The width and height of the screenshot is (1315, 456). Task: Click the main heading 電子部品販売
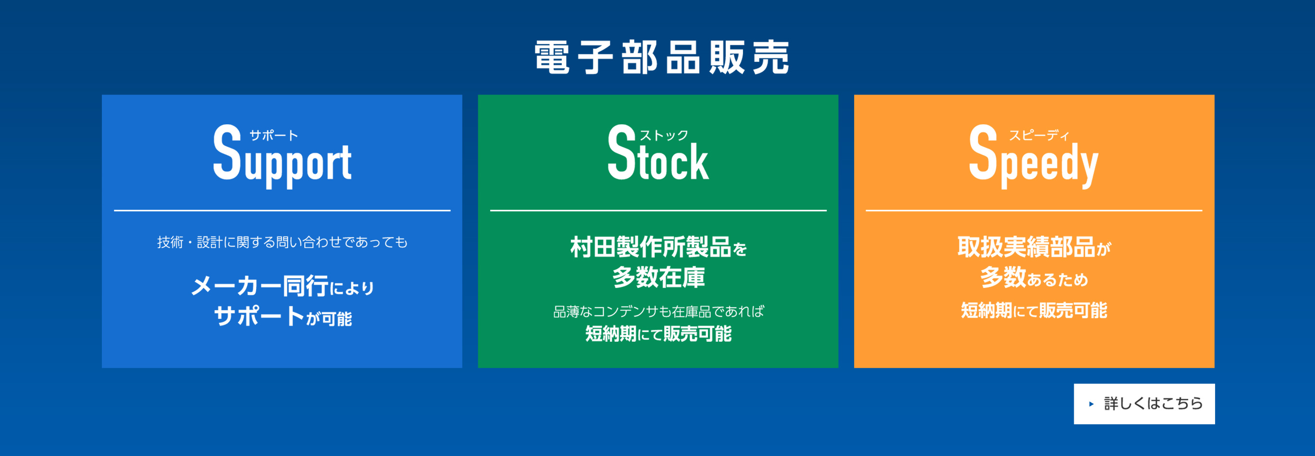(x=661, y=57)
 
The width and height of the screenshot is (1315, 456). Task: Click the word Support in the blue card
(x=282, y=156)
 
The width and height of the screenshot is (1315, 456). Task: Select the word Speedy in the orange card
(x=1034, y=156)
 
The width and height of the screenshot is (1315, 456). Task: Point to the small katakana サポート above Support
(x=273, y=135)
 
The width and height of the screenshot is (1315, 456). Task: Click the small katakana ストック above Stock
(x=664, y=135)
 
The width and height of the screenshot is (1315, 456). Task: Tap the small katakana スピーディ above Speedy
(x=1039, y=135)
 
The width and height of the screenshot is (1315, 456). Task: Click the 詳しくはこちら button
(x=1144, y=404)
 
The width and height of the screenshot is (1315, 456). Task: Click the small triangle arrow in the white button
(x=1092, y=404)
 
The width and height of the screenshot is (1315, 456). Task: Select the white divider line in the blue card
(x=282, y=210)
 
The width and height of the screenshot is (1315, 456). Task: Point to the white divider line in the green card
(x=658, y=210)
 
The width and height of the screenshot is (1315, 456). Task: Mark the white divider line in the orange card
(x=1034, y=210)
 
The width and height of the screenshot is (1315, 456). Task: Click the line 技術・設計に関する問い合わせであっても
(x=282, y=242)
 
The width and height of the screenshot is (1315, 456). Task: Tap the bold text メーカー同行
(x=260, y=286)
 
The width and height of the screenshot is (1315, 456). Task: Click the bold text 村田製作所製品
(x=650, y=247)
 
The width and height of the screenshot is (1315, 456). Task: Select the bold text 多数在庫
(x=658, y=277)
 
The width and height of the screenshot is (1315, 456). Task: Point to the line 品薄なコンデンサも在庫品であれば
(x=658, y=311)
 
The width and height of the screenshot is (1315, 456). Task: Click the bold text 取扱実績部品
(x=1026, y=247)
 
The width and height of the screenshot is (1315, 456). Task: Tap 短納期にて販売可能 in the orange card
(x=1034, y=310)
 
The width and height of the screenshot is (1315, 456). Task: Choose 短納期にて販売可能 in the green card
(x=658, y=334)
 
